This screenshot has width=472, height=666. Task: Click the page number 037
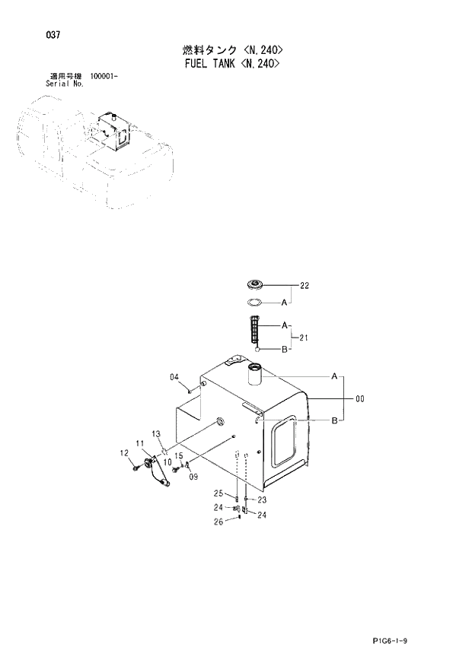(53, 35)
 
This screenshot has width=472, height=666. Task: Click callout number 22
(305, 286)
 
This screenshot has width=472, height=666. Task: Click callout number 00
(359, 397)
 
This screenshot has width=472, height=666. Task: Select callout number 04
(174, 377)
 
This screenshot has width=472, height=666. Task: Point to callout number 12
(124, 454)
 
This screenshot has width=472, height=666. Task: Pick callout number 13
(156, 433)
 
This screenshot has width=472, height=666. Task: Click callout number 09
(193, 477)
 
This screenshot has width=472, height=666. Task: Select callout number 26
(218, 522)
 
